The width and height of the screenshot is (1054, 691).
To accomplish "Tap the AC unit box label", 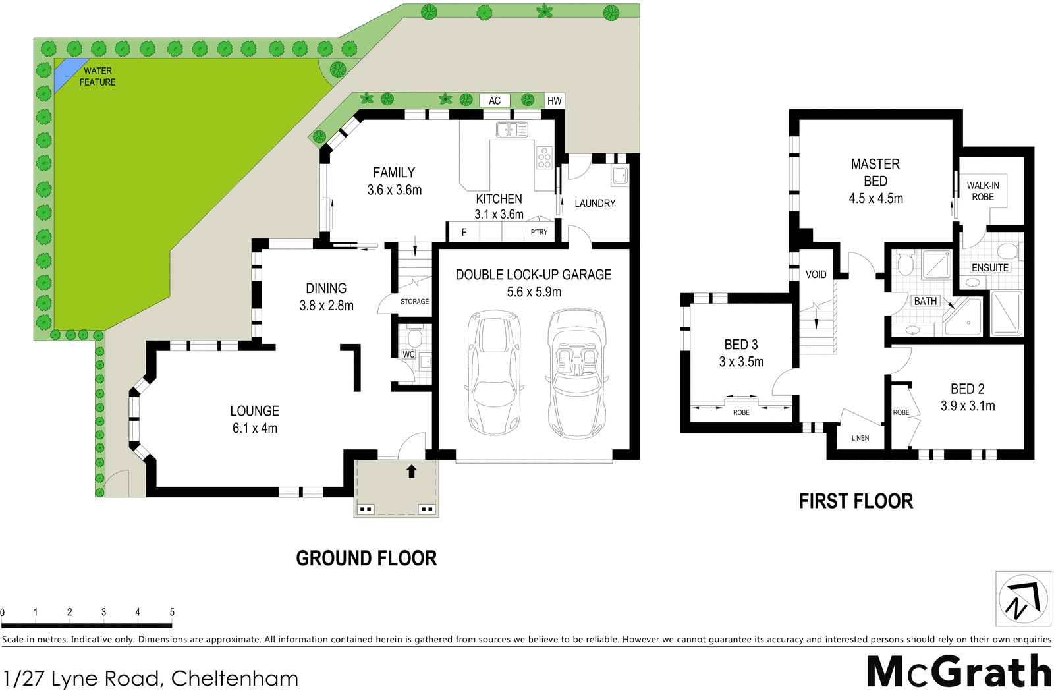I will (x=495, y=101).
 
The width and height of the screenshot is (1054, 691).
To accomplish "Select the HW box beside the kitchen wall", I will (x=555, y=101).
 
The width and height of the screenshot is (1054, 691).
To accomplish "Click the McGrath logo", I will (x=958, y=672).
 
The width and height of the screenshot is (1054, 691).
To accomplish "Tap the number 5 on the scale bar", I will (x=172, y=612).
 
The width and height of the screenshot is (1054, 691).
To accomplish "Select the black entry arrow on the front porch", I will (x=412, y=471).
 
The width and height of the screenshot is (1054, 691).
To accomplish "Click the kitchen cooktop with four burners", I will (x=544, y=157).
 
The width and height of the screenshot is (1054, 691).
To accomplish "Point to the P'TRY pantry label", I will (x=539, y=232).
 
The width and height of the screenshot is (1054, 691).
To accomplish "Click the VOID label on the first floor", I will (x=816, y=275).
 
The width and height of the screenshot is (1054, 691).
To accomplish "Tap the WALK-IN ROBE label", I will (x=983, y=191).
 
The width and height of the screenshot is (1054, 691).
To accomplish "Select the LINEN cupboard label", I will (x=860, y=438).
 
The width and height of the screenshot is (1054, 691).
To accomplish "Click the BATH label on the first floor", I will (x=926, y=301).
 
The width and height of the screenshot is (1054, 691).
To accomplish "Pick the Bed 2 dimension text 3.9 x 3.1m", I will (x=968, y=406).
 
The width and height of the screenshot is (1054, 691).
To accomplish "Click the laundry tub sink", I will (x=620, y=175).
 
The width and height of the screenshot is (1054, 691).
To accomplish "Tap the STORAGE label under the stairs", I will (x=414, y=302).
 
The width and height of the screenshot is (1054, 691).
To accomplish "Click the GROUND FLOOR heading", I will (x=366, y=559).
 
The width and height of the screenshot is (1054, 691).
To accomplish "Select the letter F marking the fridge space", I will (x=464, y=232).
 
